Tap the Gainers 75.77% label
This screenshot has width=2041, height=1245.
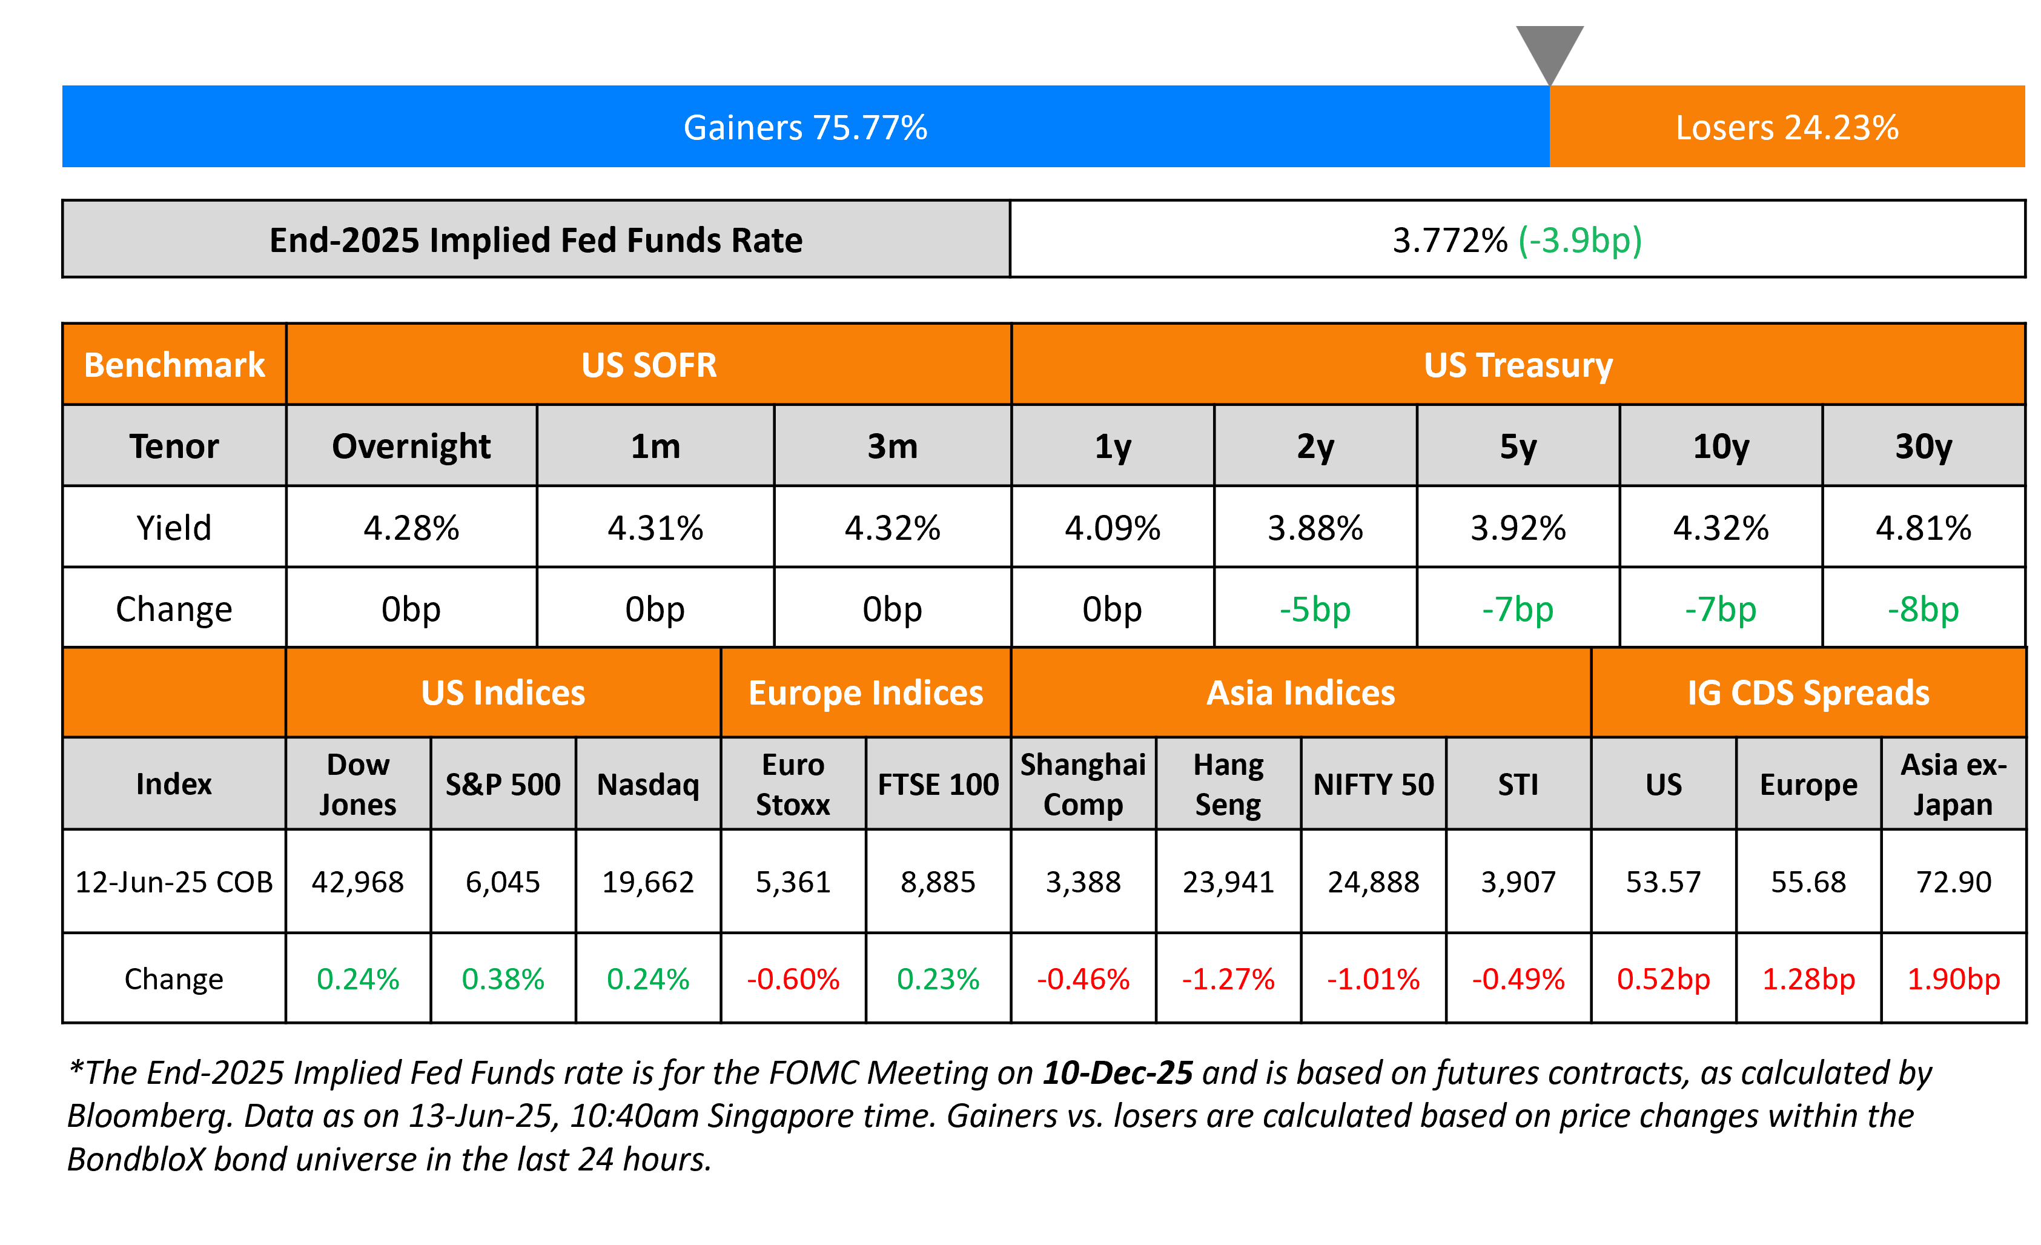805,128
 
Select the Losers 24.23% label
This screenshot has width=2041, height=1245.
1787,128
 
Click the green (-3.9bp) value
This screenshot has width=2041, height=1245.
1580,241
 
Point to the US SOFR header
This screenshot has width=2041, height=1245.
649,365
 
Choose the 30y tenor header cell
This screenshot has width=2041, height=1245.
1924,447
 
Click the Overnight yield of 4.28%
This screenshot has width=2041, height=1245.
411,528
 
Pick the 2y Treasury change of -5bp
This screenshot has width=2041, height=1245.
1315,609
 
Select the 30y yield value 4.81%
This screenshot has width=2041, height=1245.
1924,528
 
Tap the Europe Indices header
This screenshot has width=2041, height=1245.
865,692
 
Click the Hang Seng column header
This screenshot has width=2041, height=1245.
1228,783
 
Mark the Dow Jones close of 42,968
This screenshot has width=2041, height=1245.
358,882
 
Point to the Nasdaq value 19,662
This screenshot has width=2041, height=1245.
648,882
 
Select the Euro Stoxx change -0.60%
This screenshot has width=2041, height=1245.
793,979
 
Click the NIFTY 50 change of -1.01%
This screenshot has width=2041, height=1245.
1374,979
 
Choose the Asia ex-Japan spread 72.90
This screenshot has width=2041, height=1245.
1953,882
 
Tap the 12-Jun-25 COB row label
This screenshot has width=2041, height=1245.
174,882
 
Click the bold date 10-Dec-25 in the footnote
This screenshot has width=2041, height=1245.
1117,1073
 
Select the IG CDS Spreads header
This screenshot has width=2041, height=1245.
1808,692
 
